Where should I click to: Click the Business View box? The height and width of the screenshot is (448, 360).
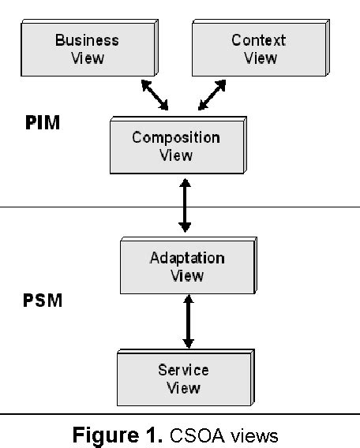(x=86, y=48)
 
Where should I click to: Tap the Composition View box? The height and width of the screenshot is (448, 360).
(x=174, y=146)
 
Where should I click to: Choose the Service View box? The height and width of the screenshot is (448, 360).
(x=182, y=378)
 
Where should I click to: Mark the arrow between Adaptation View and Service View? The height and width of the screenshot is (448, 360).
(x=187, y=322)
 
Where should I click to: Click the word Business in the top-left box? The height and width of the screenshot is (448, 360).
(x=87, y=40)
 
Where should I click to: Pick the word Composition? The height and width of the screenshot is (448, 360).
(x=176, y=138)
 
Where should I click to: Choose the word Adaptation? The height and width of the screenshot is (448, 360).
(x=186, y=258)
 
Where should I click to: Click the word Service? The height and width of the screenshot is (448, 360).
(x=183, y=370)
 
